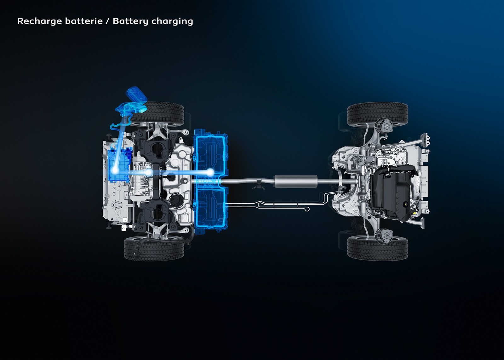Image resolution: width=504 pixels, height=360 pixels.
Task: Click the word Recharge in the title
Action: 39,21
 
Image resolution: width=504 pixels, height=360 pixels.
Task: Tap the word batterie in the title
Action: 84,21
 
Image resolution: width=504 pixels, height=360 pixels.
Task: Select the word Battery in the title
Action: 130,21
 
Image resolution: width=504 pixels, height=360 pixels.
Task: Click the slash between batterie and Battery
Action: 108,21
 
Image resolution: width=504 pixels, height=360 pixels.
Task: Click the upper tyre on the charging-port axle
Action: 157,114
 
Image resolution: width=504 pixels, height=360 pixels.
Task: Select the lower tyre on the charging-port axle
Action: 154,248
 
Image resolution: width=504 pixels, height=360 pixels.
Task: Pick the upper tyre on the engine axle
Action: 378,114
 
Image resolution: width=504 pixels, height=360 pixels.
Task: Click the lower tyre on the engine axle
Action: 378,248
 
